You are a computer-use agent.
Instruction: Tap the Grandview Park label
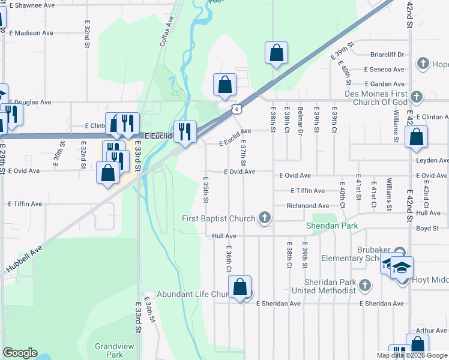click(109, 350)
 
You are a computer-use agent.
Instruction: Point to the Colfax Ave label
click(170, 30)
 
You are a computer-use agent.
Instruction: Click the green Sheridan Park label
click(332, 226)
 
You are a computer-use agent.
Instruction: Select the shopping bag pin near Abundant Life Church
click(240, 287)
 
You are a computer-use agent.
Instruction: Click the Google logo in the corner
click(20, 353)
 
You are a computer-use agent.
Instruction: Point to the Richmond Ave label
click(309, 206)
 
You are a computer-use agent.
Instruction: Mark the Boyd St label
click(428, 228)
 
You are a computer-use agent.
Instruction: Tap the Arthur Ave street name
click(432, 330)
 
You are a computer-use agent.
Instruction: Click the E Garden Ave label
click(384, 85)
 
